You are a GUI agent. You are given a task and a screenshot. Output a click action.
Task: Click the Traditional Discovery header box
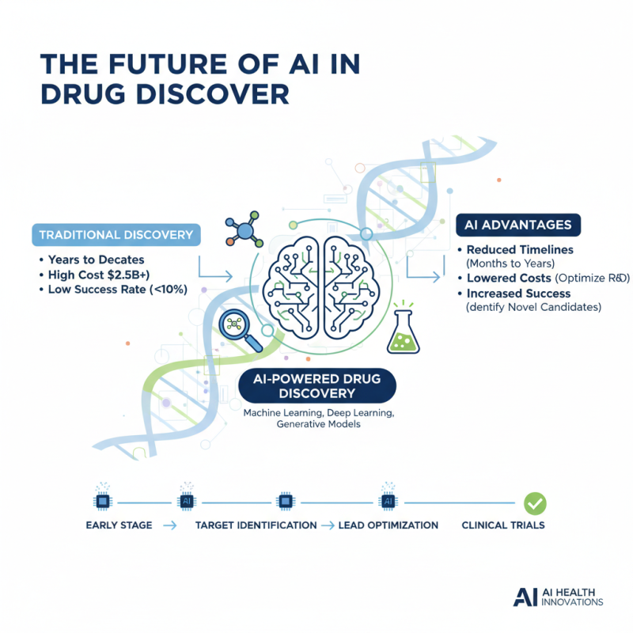pos(116,235)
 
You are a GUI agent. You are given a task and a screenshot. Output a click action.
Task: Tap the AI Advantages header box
pos(518,225)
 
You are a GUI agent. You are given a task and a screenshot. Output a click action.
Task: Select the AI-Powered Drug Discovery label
pos(317,386)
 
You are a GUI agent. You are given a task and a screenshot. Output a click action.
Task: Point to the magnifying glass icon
pos(241,330)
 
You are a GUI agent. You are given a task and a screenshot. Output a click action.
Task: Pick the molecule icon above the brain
pos(244,229)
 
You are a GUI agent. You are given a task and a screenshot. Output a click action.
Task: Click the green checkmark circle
pos(535,503)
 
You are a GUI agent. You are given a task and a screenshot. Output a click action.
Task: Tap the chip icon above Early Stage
pos(103,501)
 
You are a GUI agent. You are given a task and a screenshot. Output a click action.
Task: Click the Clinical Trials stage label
pos(503,525)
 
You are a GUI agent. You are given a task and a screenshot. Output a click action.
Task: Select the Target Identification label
pos(256,525)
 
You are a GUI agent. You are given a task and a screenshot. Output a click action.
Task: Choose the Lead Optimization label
pos(388,525)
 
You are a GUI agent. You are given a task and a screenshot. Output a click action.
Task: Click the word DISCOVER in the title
pos(212,94)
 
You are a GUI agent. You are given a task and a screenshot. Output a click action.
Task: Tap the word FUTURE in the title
pos(169,64)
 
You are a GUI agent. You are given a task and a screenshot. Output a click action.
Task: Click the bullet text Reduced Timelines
pos(520,250)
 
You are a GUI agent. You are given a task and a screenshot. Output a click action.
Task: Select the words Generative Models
pos(319,424)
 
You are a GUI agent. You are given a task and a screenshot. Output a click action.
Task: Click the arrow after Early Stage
pos(170,525)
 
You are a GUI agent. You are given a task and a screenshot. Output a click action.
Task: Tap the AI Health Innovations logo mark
pos(525,597)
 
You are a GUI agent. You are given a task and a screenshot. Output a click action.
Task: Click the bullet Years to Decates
pos(96,260)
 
